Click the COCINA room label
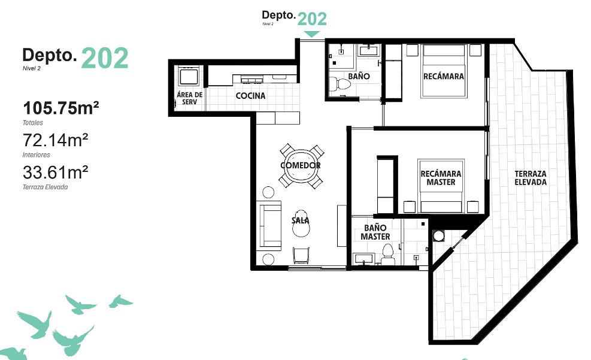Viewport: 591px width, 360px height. (250, 96)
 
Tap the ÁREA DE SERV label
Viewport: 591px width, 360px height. (190, 98)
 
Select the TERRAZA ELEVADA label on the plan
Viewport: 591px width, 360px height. (531, 178)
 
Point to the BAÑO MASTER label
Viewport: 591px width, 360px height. (375, 232)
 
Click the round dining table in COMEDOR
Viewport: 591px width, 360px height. (301, 165)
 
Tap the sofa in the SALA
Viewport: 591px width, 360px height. (270, 225)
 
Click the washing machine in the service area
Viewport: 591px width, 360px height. (189, 77)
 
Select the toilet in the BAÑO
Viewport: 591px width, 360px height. (340, 84)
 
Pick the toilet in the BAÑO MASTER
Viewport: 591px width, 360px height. (388, 255)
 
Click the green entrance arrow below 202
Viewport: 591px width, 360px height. (311, 34)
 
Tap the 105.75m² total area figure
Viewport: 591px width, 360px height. (61, 108)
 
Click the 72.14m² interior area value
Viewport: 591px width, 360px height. (56, 140)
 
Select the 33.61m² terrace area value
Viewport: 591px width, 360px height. (56, 173)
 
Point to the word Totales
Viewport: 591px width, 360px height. (33, 123)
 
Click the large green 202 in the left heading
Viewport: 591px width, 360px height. (105, 58)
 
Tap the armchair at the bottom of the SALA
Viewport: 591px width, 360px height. (301, 256)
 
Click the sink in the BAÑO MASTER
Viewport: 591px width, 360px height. (363, 259)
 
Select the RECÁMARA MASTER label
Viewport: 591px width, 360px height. (441, 178)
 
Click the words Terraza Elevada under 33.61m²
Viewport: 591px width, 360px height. (46, 187)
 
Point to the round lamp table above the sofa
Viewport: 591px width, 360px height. (268, 192)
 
